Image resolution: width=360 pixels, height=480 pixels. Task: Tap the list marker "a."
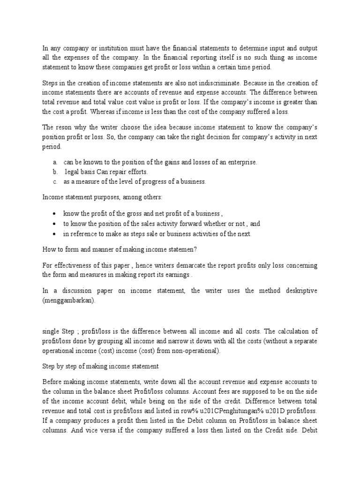[x=55, y=162]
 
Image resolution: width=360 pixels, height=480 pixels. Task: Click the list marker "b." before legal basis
[x=55, y=172]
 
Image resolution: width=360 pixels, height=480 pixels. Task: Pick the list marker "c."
[x=55, y=181]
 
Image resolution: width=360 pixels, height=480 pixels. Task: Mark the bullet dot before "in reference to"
[x=55, y=234]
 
